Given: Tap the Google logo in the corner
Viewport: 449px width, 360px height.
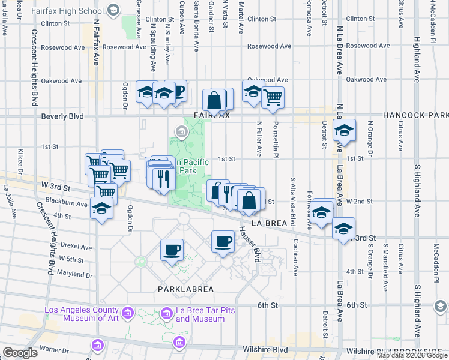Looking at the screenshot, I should click(20, 353).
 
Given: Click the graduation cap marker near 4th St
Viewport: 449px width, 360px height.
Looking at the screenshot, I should click(101, 209).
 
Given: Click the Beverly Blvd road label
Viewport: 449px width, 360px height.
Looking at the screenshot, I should click(62, 116).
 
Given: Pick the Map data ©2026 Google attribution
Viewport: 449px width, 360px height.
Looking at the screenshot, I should click(412, 355).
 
